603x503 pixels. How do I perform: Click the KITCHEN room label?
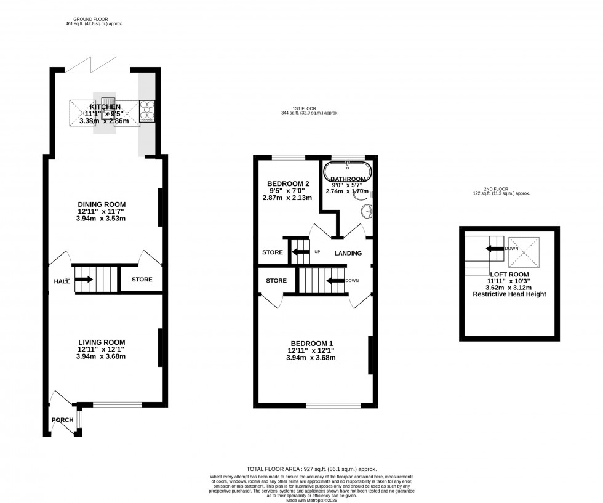[x=104, y=107]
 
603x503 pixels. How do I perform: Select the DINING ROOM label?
[x=102, y=204]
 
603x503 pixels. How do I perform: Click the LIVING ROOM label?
[x=102, y=342]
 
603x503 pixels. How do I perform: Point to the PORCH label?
[x=62, y=421]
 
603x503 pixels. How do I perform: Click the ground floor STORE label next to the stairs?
[x=142, y=280]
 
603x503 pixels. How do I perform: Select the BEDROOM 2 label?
[x=287, y=183]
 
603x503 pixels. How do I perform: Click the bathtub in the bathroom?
[x=348, y=172]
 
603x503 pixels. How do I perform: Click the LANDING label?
[x=348, y=253]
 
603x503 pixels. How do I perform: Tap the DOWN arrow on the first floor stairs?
[x=335, y=281]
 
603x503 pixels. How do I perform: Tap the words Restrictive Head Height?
[x=509, y=294]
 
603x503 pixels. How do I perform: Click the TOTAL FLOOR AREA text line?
[x=311, y=469]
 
